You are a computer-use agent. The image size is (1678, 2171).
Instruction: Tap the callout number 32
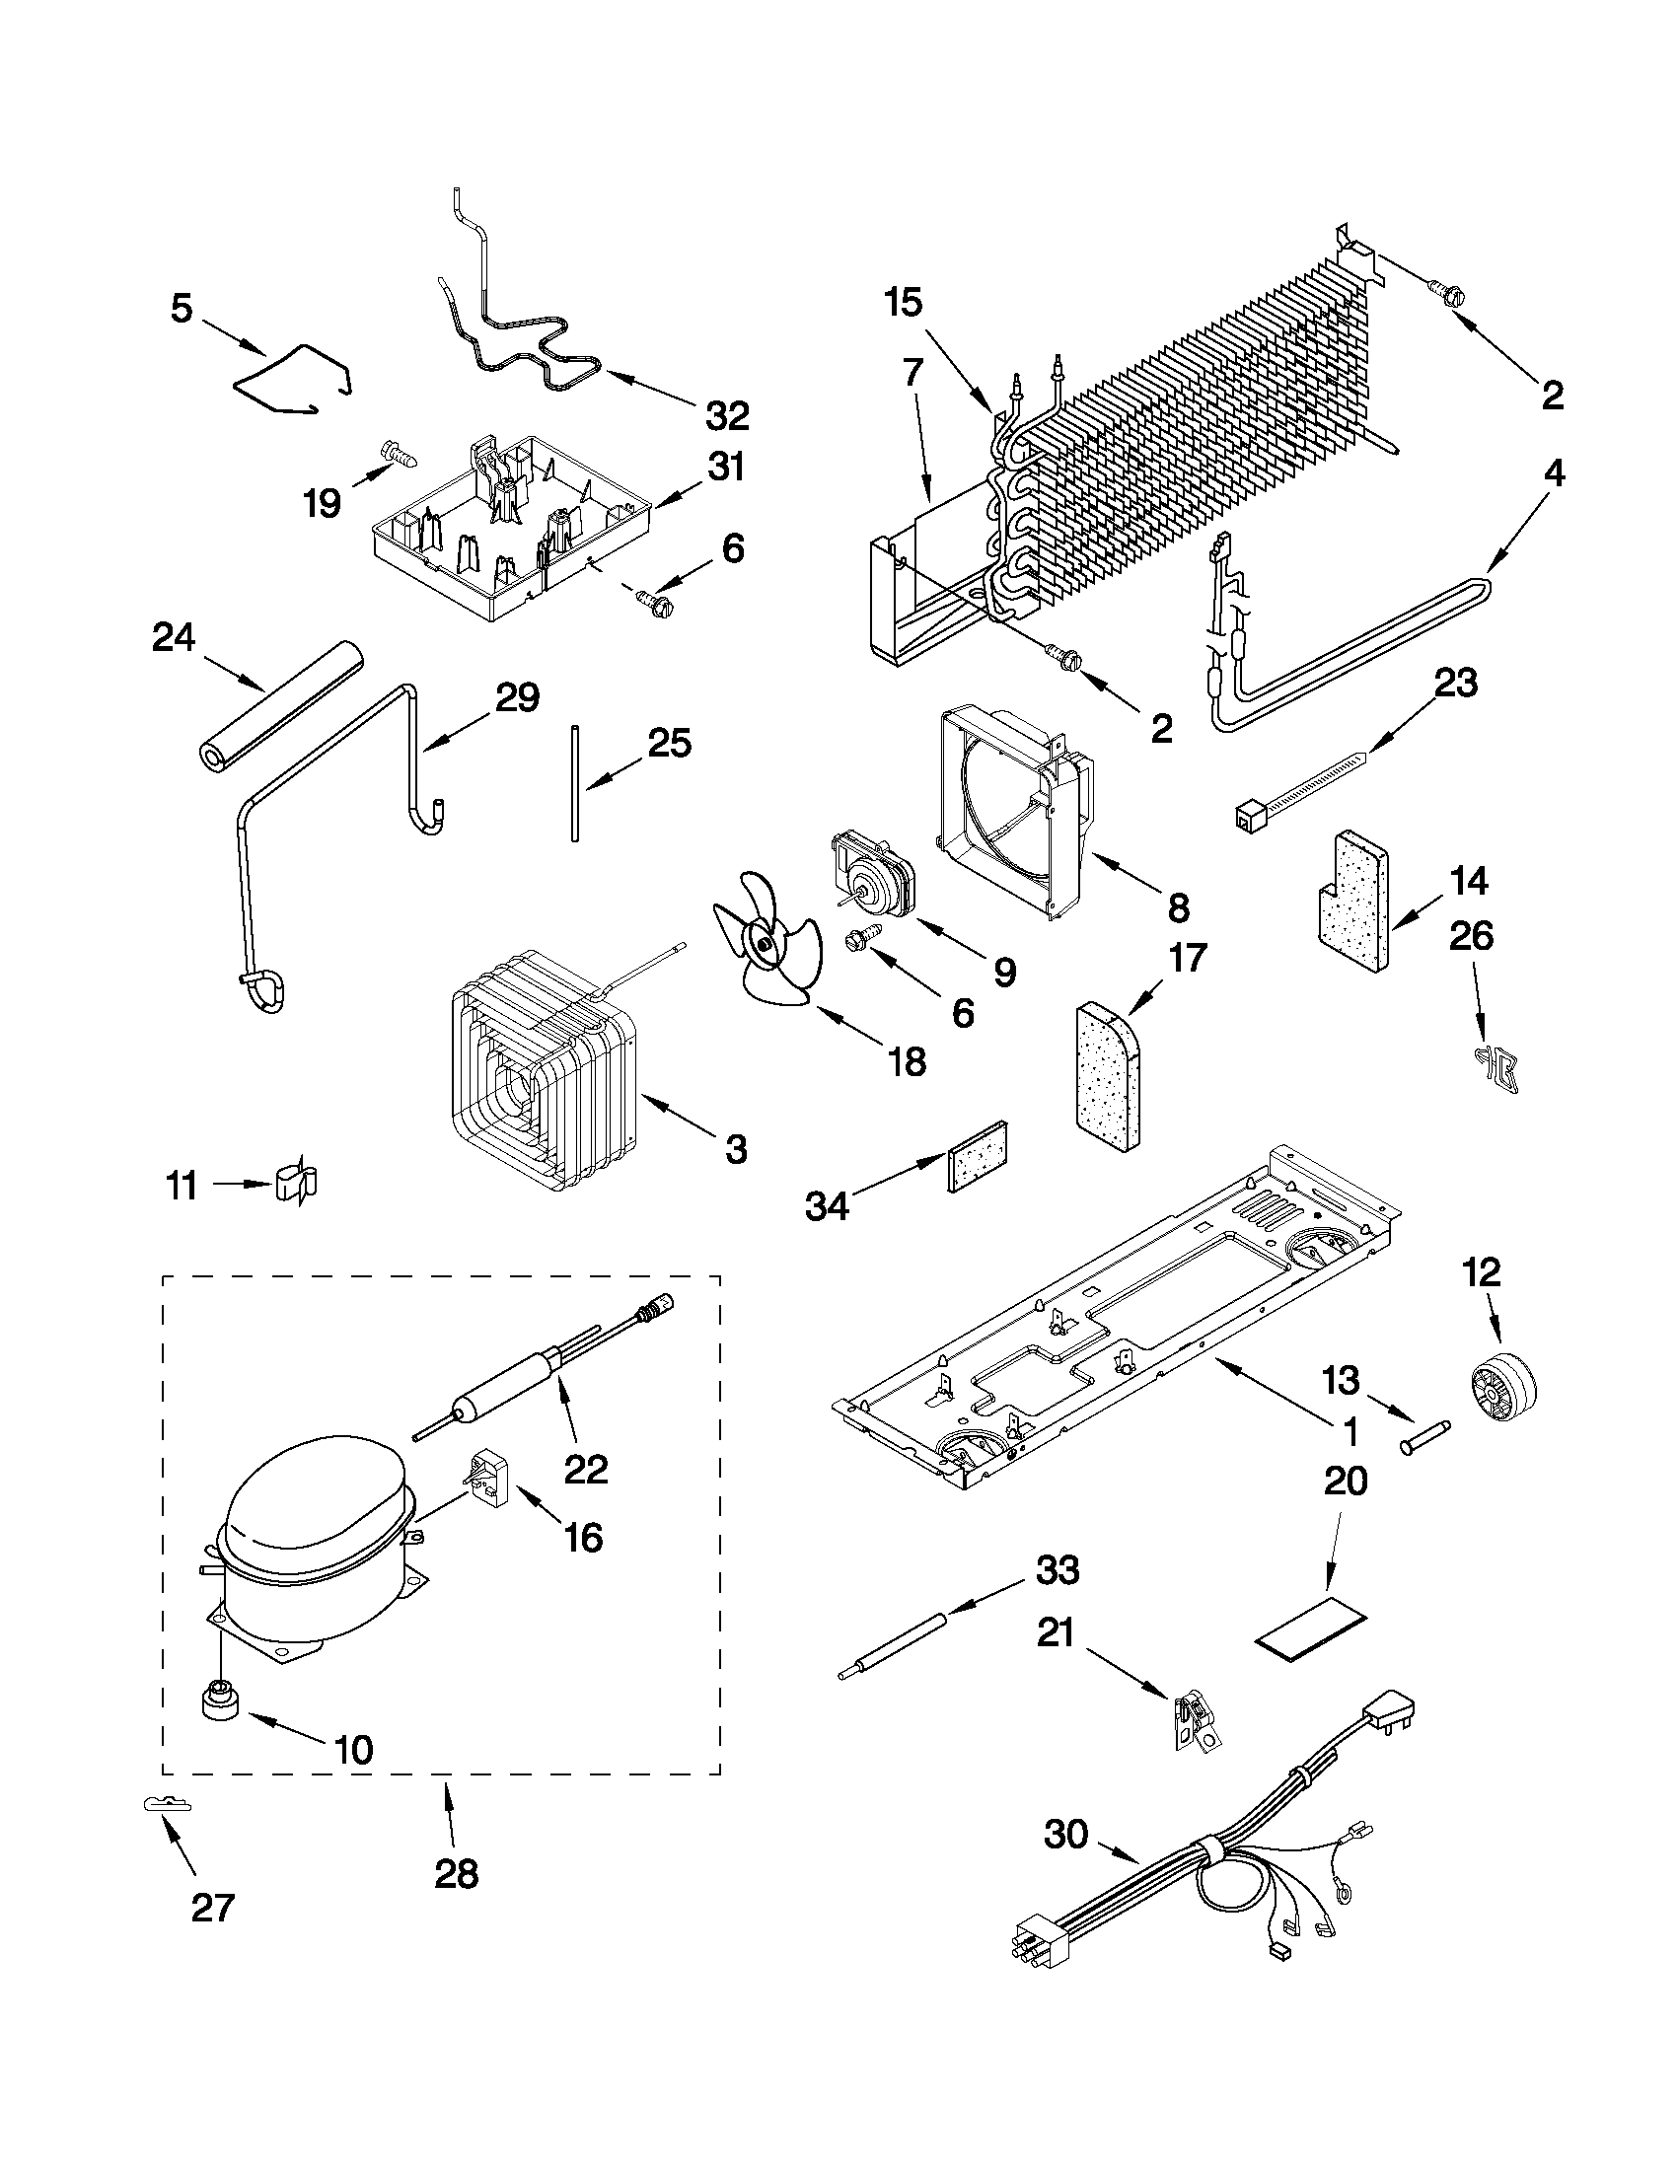(x=727, y=416)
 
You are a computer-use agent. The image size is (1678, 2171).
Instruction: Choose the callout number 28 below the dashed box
(x=457, y=1873)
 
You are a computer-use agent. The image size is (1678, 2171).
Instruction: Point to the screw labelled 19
(x=400, y=457)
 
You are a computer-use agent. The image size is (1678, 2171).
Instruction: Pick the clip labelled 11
(x=295, y=1183)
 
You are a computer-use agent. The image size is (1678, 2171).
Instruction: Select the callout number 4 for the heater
(x=1553, y=474)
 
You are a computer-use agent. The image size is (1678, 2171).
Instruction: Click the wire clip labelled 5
(x=293, y=379)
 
